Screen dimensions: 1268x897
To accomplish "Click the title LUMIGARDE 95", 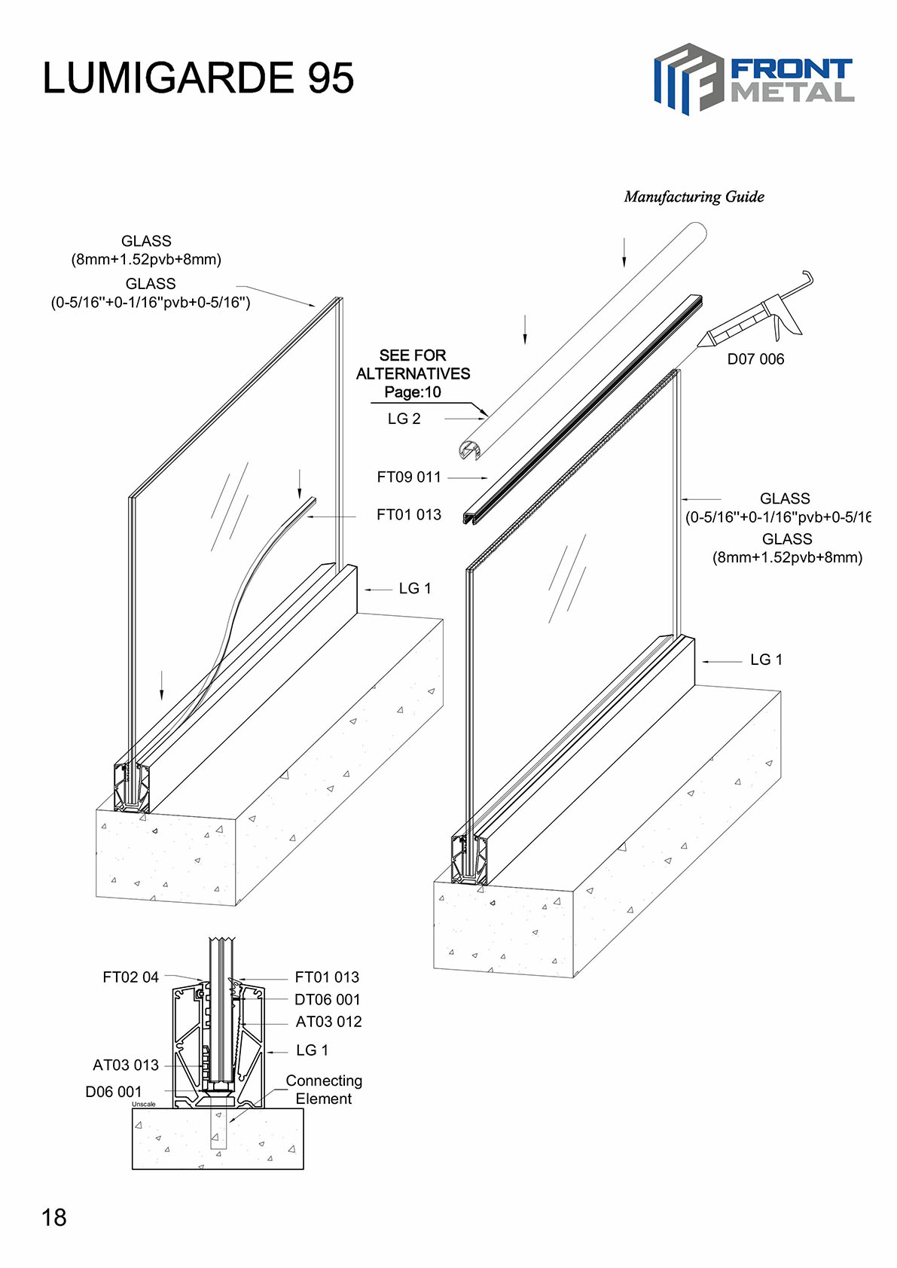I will [x=198, y=78].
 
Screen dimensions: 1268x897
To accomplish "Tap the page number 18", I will [x=54, y=1218].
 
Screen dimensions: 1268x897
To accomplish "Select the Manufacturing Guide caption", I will [x=694, y=197].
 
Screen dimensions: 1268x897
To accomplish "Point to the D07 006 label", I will [x=755, y=359].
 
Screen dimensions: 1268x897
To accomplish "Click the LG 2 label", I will [x=404, y=419].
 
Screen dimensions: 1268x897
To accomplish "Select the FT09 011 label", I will [x=409, y=477].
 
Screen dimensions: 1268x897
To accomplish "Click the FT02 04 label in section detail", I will [x=131, y=977].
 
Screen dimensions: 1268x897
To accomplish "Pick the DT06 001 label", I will [x=328, y=1000].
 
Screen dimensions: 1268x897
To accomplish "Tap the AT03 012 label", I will [x=328, y=1022].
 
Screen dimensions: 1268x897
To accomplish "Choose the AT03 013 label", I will [x=126, y=1065].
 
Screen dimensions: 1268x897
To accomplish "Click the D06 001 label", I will [x=114, y=1092].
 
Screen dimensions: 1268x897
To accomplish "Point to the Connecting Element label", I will [x=324, y=1090].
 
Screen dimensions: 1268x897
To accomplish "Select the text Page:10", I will [x=413, y=392].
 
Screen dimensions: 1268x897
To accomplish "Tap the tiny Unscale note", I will [x=144, y=1105].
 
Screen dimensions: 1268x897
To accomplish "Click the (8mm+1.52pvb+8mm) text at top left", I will [x=146, y=260].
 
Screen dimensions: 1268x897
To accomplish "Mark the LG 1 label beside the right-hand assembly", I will [x=766, y=660].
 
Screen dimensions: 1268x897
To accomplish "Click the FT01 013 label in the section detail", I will [x=327, y=977].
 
